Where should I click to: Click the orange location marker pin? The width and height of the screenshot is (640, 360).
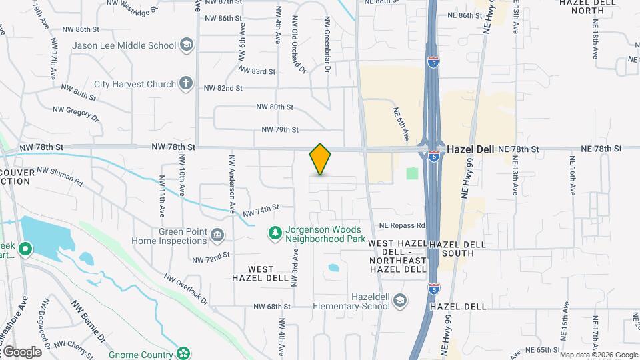[x=320, y=159]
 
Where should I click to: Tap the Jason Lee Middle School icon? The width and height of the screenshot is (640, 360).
[x=187, y=45]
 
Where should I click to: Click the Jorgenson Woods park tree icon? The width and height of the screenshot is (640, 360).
[x=274, y=233]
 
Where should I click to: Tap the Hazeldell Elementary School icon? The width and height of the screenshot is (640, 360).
[x=399, y=301]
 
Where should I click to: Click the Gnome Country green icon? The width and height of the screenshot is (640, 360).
[x=183, y=352]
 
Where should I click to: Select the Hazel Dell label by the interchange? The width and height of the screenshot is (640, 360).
[x=470, y=149]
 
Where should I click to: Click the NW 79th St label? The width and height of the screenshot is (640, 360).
[x=280, y=129]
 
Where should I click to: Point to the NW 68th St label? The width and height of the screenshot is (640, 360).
[x=272, y=307]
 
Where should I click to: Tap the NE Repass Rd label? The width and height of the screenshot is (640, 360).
[x=402, y=225]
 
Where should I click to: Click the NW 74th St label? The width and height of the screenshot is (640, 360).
[x=260, y=211]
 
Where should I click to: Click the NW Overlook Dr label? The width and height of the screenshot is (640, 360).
[x=186, y=289]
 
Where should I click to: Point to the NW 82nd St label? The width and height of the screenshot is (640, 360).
[x=221, y=88]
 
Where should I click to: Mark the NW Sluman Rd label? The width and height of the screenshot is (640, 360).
[x=60, y=177]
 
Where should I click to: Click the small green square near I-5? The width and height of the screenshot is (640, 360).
[x=412, y=173]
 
